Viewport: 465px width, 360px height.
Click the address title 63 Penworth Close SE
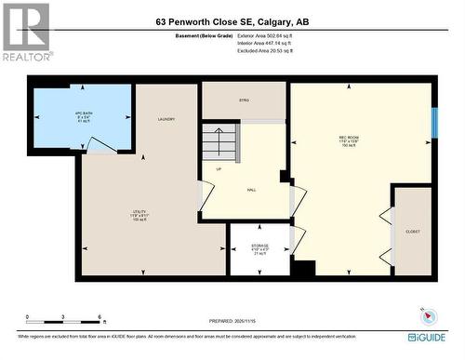pos(232,22)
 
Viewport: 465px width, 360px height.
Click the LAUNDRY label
pos(166,119)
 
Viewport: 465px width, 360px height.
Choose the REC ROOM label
pos(349,141)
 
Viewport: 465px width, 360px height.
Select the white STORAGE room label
pos(259,248)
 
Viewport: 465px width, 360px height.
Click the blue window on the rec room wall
pos(433,122)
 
